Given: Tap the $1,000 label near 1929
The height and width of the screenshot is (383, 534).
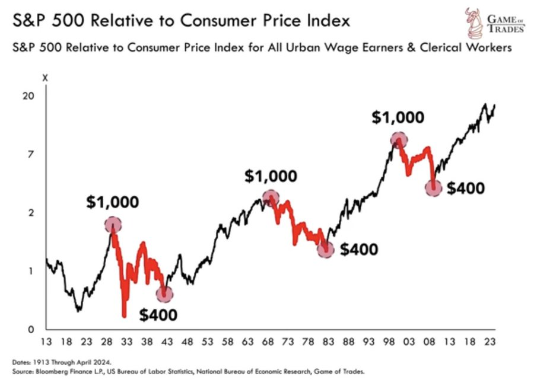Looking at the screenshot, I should (113, 202).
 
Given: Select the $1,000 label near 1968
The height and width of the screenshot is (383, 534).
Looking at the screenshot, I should (271, 176).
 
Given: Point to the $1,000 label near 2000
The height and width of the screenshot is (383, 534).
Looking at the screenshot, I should (398, 117).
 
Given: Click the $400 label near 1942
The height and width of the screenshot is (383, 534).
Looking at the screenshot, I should (158, 314).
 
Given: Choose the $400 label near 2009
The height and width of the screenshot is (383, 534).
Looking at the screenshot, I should (466, 189).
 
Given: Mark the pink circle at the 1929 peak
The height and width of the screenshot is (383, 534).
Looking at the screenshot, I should (113, 225).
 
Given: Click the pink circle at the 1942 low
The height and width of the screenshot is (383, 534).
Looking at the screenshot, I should (165, 293).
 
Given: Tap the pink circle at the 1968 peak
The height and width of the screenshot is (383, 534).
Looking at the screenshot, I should (271, 198).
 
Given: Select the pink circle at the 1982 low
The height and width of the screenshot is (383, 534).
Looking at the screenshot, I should (326, 250).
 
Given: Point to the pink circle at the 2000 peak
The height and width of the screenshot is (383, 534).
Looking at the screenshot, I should (399, 140).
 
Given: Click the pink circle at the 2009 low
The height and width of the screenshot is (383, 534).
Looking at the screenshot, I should (433, 189).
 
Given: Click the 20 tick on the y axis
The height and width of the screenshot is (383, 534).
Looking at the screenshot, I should (28, 96).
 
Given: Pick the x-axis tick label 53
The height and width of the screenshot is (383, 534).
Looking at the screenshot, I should (208, 342).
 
